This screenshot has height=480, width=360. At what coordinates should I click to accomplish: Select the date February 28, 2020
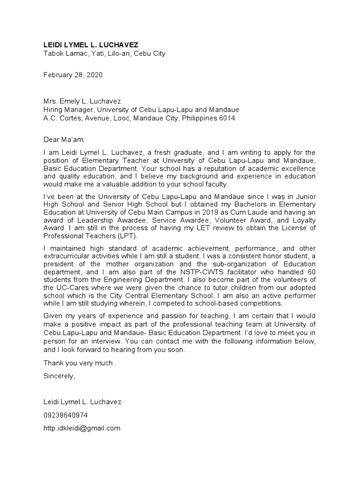[x=73, y=75]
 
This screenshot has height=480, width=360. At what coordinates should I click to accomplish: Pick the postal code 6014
[x=227, y=118]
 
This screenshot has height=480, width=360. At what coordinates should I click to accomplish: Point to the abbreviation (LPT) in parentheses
[x=119, y=236]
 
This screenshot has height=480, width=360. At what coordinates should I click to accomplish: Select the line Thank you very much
[x=79, y=363]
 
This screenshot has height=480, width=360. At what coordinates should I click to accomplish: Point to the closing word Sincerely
[x=59, y=376]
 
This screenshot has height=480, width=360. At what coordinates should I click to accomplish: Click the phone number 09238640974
[x=65, y=415]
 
